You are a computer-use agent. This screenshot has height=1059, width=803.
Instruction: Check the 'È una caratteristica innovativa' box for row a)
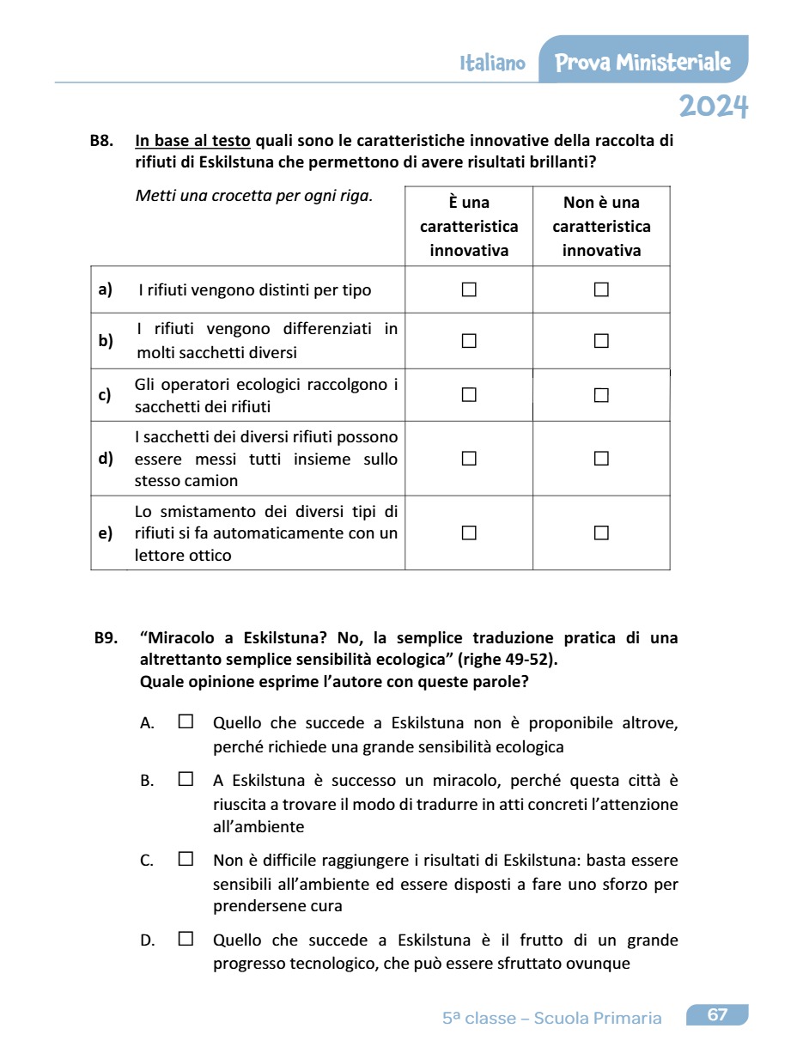(x=469, y=290)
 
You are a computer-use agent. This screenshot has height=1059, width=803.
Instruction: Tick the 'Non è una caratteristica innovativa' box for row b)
(x=601, y=341)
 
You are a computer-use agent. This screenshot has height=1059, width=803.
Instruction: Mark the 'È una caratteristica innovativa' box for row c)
(x=469, y=395)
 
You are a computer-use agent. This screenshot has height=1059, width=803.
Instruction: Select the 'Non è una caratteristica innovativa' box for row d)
(x=601, y=459)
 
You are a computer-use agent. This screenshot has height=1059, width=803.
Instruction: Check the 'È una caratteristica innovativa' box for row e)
(x=469, y=533)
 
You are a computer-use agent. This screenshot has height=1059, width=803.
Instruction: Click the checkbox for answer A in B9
(x=186, y=722)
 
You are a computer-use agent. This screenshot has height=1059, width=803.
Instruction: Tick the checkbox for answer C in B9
(x=186, y=859)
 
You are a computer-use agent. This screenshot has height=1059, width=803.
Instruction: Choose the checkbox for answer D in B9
(x=186, y=940)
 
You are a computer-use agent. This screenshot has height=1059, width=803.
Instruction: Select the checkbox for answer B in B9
(x=186, y=780)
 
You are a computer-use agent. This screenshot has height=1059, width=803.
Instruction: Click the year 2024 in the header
(x=714, y=107)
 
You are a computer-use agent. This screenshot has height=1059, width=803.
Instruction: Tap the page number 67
(x=717, y=1015)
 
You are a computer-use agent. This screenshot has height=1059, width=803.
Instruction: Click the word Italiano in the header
(x=493, y=64)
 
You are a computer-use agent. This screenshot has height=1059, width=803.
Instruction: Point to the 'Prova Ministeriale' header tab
(x=643, y=62)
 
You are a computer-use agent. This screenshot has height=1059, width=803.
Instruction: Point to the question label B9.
(x=106, y=638)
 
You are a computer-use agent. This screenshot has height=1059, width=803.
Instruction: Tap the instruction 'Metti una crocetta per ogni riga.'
(x=254, y=195)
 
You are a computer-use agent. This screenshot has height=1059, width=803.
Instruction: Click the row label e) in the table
(x=106, y=533)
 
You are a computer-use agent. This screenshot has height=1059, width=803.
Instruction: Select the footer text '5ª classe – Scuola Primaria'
(x=552, y=1019)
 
